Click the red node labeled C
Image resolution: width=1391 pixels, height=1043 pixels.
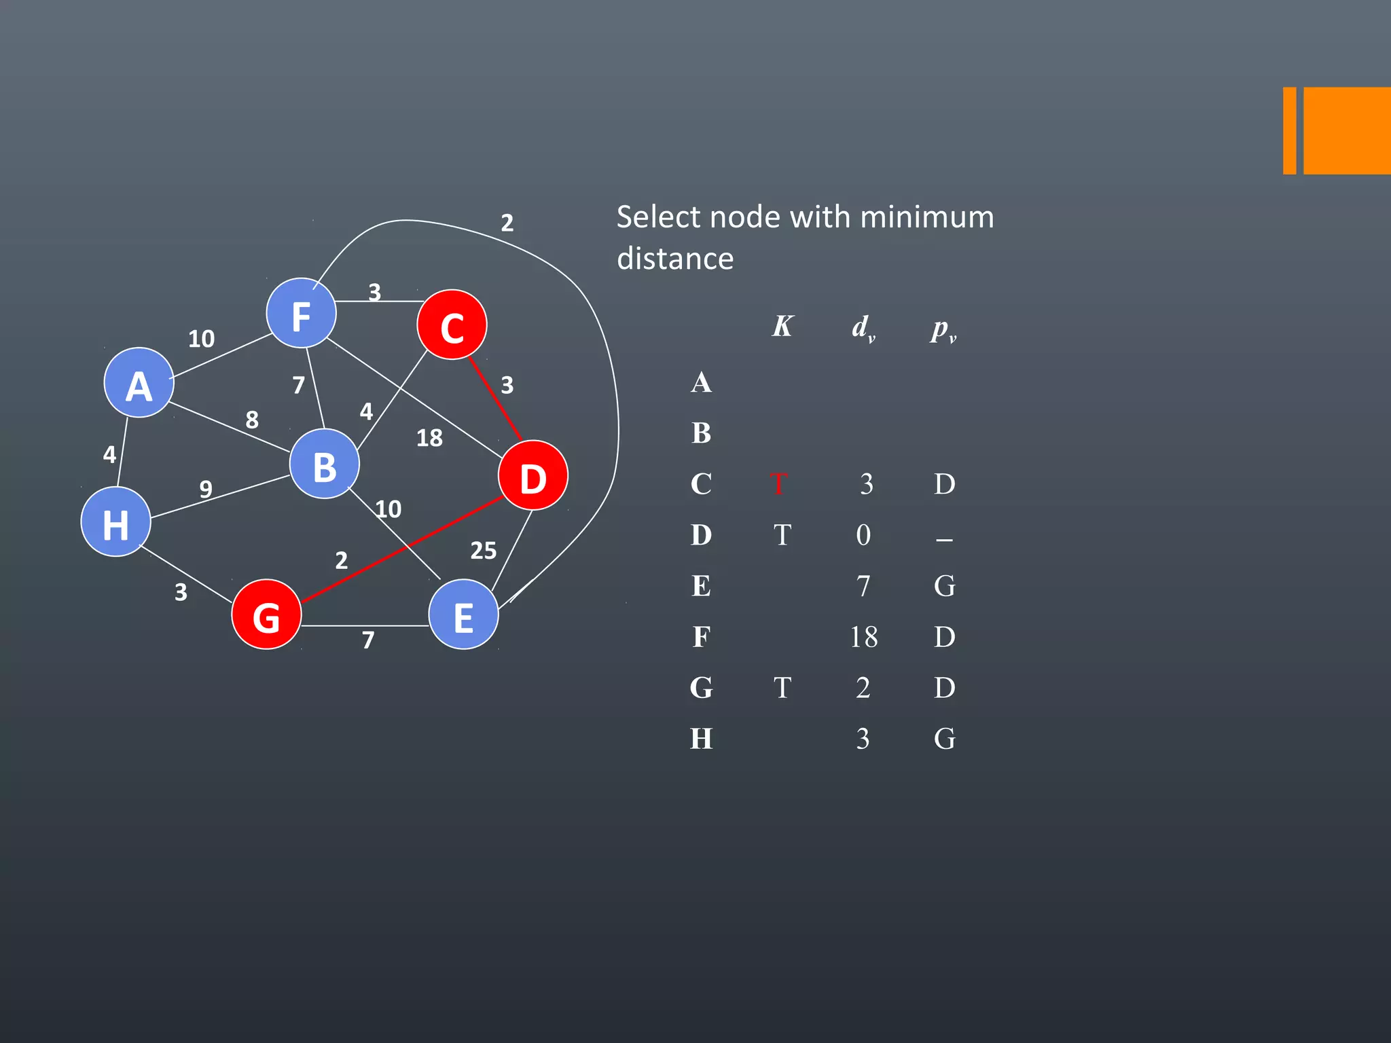coord(452,325)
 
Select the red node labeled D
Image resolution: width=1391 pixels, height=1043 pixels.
coord(532,475)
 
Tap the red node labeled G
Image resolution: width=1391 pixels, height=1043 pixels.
coord(266,615)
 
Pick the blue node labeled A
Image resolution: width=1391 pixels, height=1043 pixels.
coord(139,382)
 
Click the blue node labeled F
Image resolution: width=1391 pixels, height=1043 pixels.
coord(301,313)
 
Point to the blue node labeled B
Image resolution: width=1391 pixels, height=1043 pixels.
coord(324,464)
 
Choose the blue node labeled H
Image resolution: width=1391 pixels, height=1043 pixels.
coord(115,521)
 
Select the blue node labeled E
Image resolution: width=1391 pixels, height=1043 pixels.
coord(463,615)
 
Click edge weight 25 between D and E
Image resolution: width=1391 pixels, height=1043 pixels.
coord(483,551)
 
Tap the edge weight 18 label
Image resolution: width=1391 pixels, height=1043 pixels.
coord(429,438)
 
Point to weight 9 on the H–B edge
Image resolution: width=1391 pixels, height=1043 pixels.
coord(206,489)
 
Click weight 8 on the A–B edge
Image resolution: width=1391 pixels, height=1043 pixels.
coord(252,420)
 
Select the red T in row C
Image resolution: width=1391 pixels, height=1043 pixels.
coord(779,484)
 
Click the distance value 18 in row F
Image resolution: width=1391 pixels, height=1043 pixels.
coord(863,637)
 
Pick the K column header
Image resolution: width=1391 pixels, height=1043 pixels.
coord(782,327)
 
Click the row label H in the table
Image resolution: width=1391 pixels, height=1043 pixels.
coord(701,739)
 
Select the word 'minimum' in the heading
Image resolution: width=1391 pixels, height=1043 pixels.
coord(926,217)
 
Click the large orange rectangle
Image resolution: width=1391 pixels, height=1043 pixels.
coord(1347,130)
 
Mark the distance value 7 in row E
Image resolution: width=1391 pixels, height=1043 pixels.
coord(863,586)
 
